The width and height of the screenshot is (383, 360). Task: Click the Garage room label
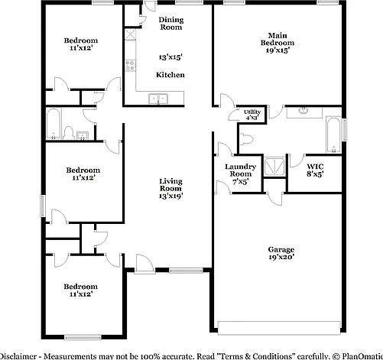(x=281, y=249)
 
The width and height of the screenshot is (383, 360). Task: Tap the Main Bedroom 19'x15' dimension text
(x=278, y=50)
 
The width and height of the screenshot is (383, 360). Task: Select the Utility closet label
(x=252, y=112)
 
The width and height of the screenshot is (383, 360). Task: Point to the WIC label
(x=315, y=167)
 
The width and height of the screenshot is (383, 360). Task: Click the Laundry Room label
(x=240, y=170)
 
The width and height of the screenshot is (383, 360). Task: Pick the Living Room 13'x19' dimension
(x=170, y=196)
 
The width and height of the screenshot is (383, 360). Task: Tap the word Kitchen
(x=170, y=75)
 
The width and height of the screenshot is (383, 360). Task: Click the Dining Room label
(x=171, y=24)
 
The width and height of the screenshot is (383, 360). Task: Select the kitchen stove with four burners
(x=130, y=65)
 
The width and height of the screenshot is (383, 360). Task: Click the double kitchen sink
(x=158, y=99)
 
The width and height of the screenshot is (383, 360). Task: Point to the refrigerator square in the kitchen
(x=130, y=34)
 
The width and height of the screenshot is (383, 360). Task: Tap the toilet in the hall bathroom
(x=68, y=133)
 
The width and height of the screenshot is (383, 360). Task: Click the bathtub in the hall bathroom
(x=54, y=124)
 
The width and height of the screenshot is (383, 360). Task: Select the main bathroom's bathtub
(x=333, y=135)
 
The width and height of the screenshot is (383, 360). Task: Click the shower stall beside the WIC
(x=274, y=167)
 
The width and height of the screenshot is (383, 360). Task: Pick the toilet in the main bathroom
(x=246, y=139)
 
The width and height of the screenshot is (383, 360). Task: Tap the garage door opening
(x=279, y=327)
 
